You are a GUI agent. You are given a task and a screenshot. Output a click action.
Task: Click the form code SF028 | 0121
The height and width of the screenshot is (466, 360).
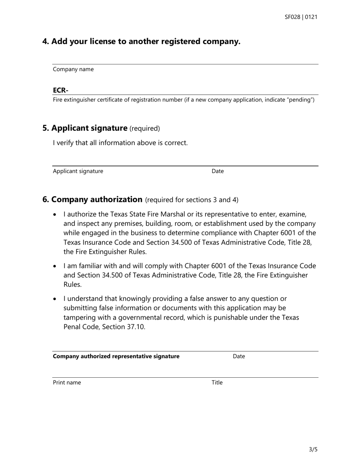[x=301, y=17]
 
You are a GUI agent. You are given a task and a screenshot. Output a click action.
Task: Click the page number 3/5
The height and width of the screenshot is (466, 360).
[x=313, y=450]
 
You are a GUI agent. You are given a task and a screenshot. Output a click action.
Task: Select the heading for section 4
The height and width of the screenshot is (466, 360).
[x=141, y=41]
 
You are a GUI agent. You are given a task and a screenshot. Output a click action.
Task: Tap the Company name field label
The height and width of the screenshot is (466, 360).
[x=73, y=69]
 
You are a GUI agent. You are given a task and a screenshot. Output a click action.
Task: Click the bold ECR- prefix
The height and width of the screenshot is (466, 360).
[x=61, y=90]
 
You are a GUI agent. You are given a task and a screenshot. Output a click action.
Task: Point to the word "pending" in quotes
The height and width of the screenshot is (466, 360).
[x=301, y=100]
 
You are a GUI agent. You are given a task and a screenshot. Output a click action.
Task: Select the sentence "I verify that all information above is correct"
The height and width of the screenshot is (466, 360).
[x=120, y=143]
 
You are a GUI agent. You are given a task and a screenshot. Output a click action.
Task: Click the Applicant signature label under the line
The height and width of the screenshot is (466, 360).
[x=78, y=171]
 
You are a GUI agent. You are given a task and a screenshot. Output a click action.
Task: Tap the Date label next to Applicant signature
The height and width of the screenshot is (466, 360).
[x=218, y=171]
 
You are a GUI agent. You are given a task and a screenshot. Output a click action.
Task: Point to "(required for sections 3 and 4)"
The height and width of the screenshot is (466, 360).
[x=192, y=200]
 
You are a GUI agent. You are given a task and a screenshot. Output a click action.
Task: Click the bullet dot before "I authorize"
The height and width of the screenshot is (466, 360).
[x=55, y=214]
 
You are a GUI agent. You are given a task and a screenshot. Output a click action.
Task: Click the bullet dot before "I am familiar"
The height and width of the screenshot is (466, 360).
[x=55, y=266]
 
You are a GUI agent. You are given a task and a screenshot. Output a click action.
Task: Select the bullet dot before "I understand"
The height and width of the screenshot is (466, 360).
[x=55, y=299]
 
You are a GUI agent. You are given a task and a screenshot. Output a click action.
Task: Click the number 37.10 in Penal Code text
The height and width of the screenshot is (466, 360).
[x=135, y=327]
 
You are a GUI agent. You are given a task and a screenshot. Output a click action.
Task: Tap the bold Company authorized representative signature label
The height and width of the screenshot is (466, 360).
[x=116, y=356]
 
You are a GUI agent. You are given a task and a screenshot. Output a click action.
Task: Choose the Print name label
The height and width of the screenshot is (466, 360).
[x=67, y=383]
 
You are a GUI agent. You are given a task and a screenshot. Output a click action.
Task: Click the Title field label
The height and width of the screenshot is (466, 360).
[x=217, y=383]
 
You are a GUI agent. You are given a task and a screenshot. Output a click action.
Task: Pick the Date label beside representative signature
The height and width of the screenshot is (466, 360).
[x=239, y=356]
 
